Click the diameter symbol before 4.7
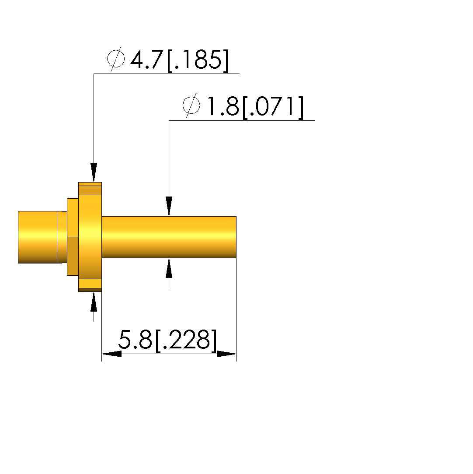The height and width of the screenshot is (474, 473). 116,59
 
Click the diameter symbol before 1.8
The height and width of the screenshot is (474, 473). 191,105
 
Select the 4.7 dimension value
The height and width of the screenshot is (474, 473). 147,60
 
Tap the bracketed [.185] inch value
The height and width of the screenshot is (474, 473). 198,60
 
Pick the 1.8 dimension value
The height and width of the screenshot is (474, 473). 223,106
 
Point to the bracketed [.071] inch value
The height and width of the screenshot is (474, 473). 273,107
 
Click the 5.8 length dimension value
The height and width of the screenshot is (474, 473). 135,339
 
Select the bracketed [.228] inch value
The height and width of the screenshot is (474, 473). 186,341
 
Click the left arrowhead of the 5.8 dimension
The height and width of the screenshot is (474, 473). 111,354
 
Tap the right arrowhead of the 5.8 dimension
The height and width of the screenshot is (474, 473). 226,354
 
